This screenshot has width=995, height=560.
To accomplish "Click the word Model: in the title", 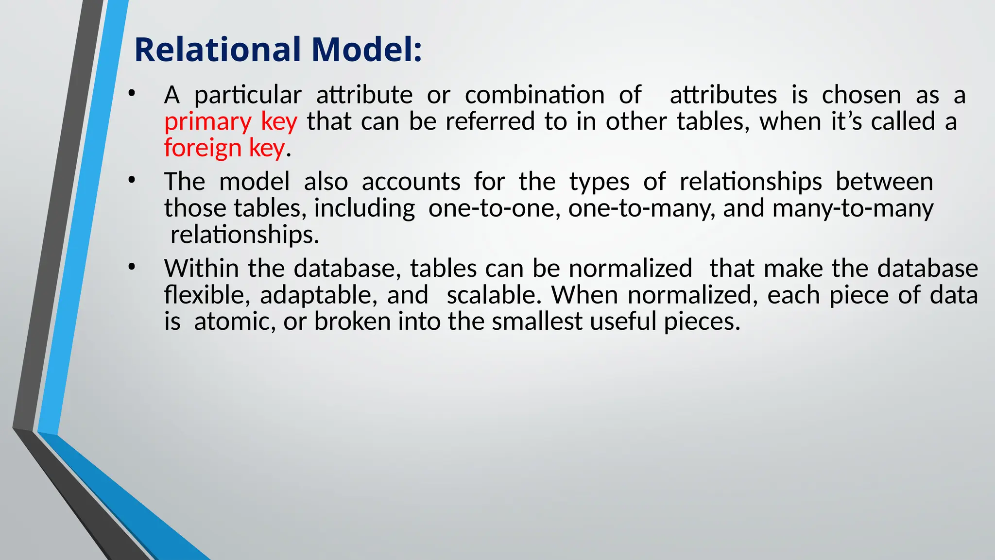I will (x=366, y=50).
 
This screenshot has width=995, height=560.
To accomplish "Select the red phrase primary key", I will (x=230, y=121).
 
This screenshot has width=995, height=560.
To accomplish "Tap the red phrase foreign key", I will (x=224, y=148).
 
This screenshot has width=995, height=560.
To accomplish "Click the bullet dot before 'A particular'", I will (x=131, y=93).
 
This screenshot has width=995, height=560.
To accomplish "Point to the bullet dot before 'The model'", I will (x=131, y=180).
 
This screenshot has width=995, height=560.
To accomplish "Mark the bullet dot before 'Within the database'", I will (x=131, y=267).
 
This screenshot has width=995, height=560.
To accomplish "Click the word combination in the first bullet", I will (x=534, y=95).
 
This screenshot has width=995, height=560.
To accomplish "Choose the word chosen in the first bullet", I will (x=861, y=95).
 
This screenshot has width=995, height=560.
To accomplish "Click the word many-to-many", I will (x=853, y=208).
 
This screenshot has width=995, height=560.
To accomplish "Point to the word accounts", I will (x=411, y=182).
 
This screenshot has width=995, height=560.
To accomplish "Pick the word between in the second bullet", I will (x=884, y=182).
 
